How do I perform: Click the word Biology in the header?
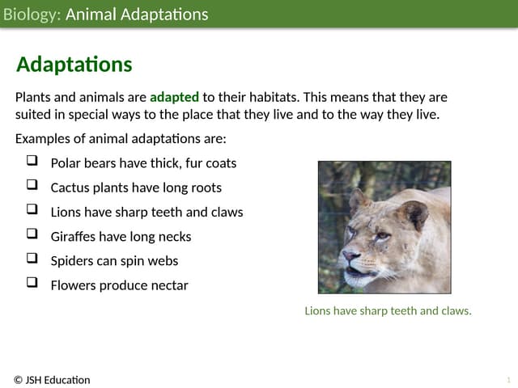click(31, 15)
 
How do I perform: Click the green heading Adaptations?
click(74, 65)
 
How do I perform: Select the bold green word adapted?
click(174, 97)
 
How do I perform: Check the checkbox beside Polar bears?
click(32, 162)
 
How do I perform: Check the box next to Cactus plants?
click(32, 186)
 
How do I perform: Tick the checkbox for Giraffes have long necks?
click(32, 235)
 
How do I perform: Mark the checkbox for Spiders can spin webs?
click(32, 259)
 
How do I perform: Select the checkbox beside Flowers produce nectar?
click(32, 284)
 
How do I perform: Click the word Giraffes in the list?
click(74, 237)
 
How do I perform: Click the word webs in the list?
click(163, 261)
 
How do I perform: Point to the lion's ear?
click(415, 215)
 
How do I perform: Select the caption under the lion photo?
click(388, 310)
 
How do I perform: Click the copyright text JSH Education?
click(52, 380)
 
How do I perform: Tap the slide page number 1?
click(508, 380)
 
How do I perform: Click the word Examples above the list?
click(42, 138)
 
